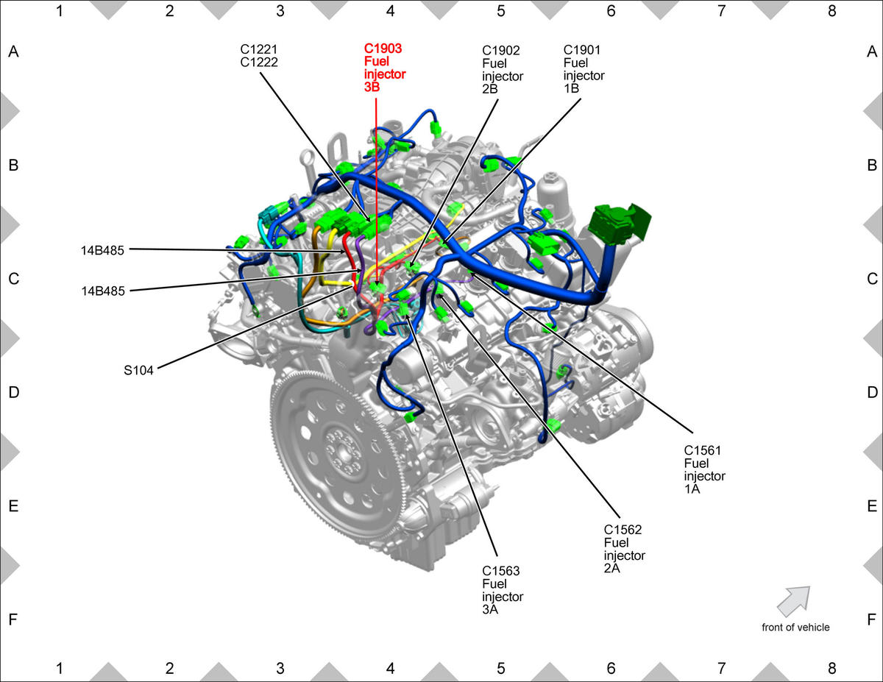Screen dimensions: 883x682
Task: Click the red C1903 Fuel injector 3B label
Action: click(x=384, y=68)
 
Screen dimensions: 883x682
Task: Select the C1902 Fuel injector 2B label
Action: click(x=503, y=69)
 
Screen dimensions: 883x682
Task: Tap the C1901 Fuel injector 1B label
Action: click(x=584, y=69)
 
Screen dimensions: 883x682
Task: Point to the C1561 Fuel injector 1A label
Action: click(x=704, y=469)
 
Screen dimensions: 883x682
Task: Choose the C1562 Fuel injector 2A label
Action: click(x=624, y=549)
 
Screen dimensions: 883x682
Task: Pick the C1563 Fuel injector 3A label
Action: click(x=503, y=590)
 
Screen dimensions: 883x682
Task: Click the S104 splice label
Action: click(x=138, y=371)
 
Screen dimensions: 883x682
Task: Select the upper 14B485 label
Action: click(x=102, y=251)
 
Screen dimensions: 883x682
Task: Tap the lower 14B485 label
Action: click(x=103, y=291)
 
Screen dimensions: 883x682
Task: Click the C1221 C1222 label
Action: click(x=259, y=56)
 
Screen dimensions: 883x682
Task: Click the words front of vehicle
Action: click(x=795, y=627)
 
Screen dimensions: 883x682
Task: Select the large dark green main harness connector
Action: click(x=618, y=224)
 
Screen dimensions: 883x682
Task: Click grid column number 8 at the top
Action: click(x=831, y=11)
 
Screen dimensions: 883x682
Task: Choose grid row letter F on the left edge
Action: click(x=13, y=619)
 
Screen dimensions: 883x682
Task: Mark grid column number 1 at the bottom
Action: click(x=60, y=668)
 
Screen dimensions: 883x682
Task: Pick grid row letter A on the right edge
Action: click(x=872, y=51)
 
